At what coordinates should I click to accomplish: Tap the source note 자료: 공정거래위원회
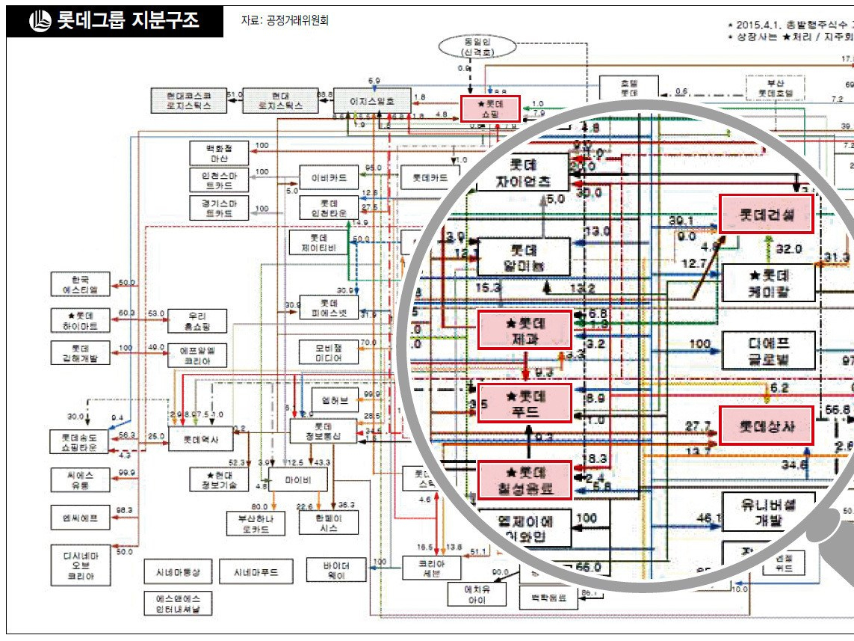285,21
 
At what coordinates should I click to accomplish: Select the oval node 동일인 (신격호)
469,47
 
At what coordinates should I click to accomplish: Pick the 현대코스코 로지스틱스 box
189,100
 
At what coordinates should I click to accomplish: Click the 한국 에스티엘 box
81,284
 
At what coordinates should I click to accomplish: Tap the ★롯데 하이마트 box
81,320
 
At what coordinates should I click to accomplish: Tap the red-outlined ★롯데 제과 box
525,330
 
